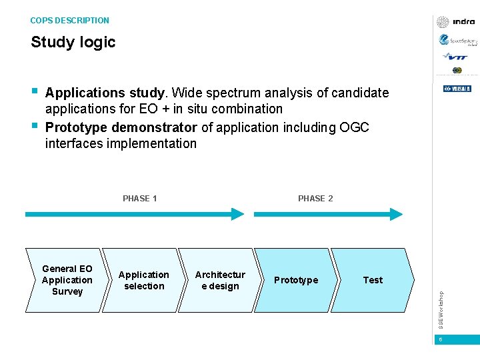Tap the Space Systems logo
(x=457, y=41)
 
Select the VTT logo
(x=457, y=57)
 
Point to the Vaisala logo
(x=457, y=89)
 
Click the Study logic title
(x=73, y=42)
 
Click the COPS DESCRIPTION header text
(x=69, y=21)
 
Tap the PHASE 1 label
(x=140, y=198)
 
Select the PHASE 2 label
(x=315, y=198)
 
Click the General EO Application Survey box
(x=67, y=280)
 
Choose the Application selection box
(x=143, y=280)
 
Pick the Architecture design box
(x=220, y=280)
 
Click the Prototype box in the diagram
(x=296, y=280)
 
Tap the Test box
(x=373, y=280)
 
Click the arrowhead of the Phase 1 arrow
(x=238, y=214)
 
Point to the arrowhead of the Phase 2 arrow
(x=397, y=214)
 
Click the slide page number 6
(x=441, y=340)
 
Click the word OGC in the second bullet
(x=354, y=127)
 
